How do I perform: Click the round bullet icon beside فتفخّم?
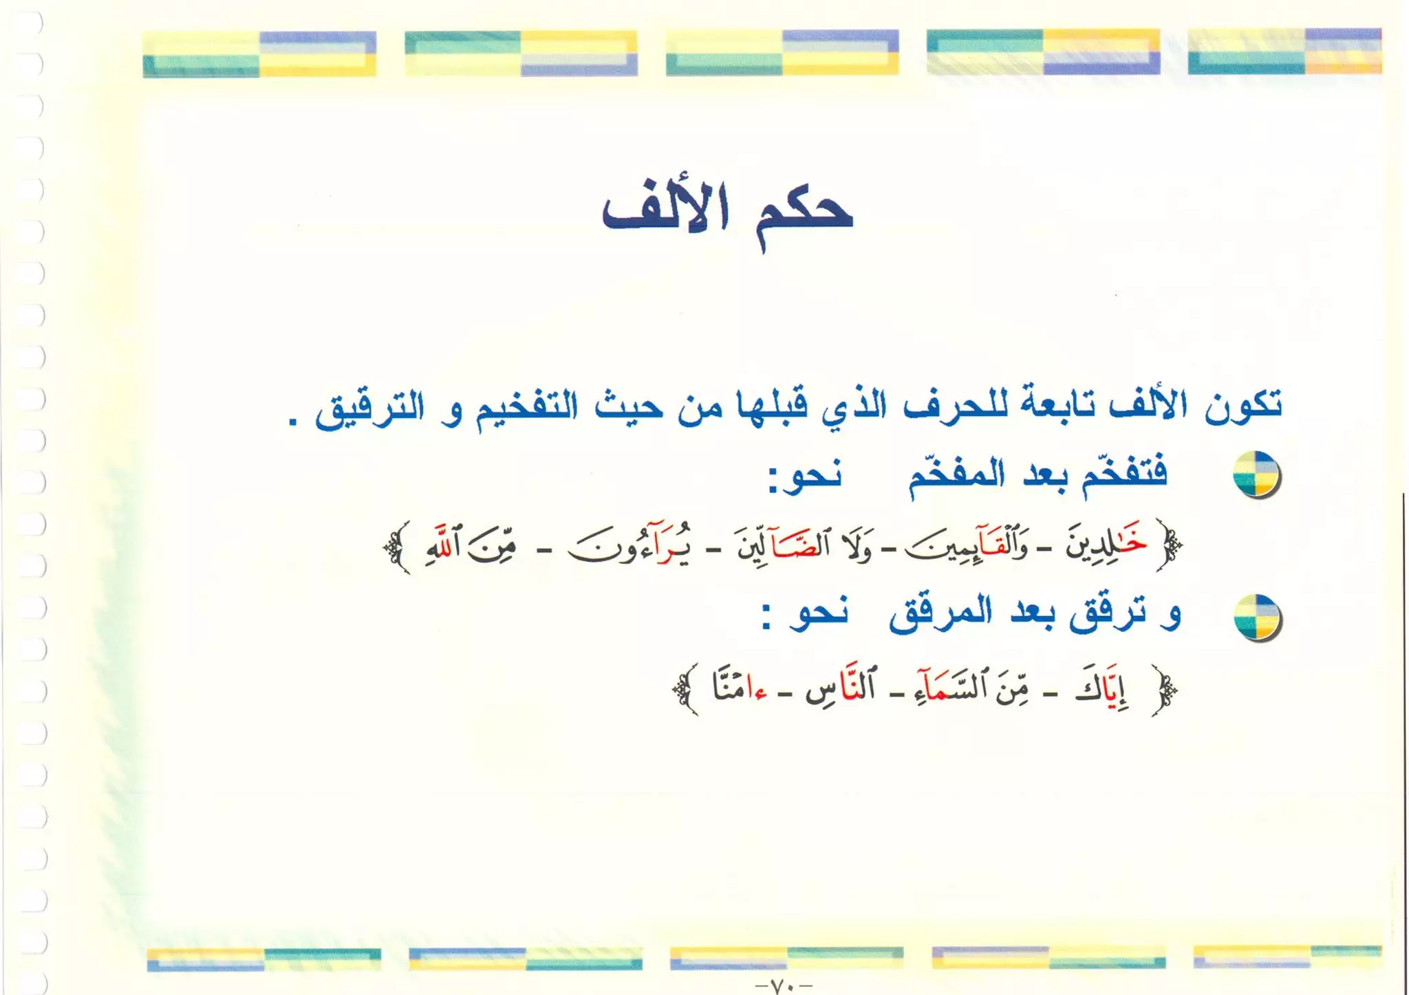(x=1256, y=474)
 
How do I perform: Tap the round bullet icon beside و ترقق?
(x=1256, y=617)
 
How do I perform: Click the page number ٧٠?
(x=783, y=986)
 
